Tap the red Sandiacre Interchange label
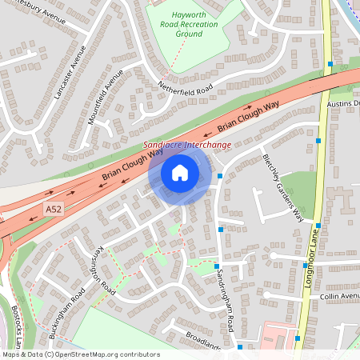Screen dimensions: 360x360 [x=187, y=145]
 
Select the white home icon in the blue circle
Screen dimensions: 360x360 [x=180, y=172]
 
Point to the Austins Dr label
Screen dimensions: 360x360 [x=344, y=104]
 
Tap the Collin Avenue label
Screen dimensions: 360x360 [x=341, y=296]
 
